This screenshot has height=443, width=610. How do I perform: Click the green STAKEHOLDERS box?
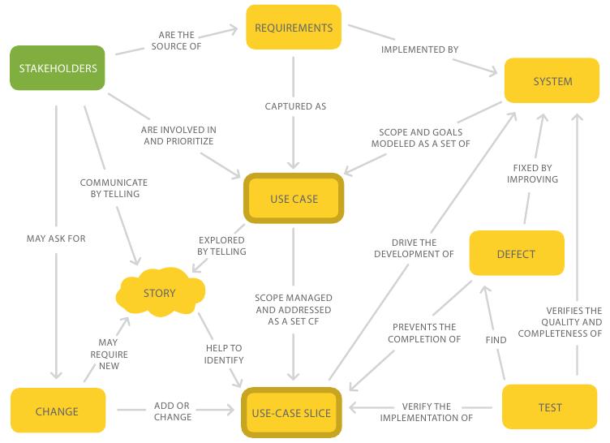point(57,68)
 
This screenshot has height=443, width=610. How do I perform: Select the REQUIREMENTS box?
point(294,28)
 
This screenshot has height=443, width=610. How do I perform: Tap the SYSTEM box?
point(552,80)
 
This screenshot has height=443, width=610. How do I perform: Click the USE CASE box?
point(294,199)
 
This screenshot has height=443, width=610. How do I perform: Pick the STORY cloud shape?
point(160,292)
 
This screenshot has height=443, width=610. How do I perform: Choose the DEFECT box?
point(517,253)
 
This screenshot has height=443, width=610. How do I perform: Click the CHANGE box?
point(58,411)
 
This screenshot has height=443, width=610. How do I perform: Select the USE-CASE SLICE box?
point(291,413)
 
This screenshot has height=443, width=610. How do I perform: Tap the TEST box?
point(550,407)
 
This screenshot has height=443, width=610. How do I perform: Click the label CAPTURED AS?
point(295,106)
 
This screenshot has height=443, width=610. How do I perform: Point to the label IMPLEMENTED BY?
point(419,49)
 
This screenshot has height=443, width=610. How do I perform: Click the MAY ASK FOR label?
point(56,239)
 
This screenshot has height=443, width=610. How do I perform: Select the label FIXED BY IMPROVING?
point(532,174)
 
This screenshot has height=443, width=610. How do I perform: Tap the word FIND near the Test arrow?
point(496,340)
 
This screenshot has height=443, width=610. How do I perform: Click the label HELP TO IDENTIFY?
point(224,354)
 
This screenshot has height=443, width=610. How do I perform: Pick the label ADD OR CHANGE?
point(172,411)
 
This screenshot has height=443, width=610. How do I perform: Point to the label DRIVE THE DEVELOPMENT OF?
point(414,248)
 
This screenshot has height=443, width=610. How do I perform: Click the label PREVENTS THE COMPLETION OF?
point(424,333)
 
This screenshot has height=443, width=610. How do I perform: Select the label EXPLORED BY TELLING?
point(221,246)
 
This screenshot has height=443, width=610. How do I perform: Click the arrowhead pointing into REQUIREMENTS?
point(234,29)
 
